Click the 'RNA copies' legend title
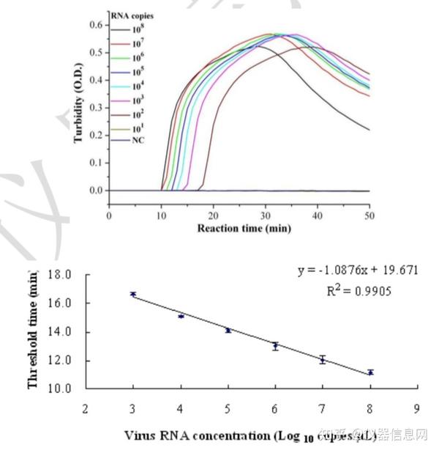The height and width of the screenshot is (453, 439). click(132, 15)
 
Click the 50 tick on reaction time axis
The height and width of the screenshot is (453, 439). click(369, 216)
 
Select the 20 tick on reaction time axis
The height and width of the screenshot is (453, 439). click(213, 216)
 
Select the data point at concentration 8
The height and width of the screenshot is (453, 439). click(370, 372)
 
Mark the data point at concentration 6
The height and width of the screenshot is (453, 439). click(275, 346)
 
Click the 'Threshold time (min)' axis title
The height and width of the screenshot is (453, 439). click(33, 331)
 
